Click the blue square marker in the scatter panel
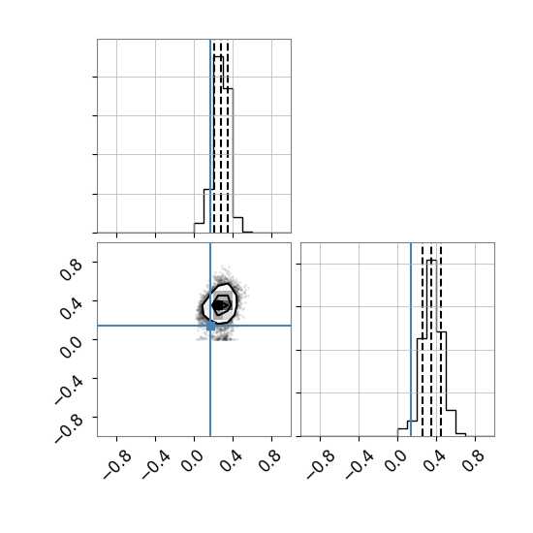(210, 326)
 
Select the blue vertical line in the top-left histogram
(210, 136)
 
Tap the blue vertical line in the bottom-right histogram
(411, 339)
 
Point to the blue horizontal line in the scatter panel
(194, 326)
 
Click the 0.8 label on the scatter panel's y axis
(71, 269)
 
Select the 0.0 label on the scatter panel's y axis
(71, 347)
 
